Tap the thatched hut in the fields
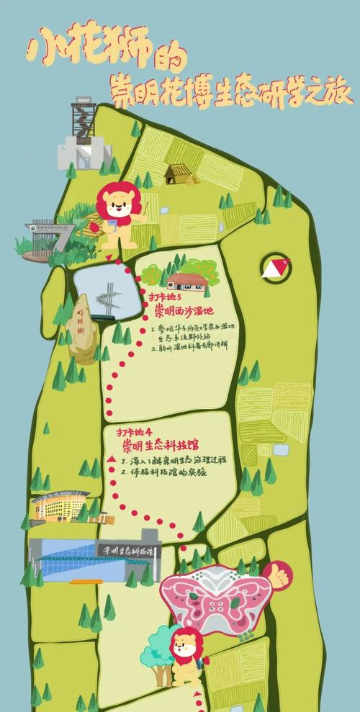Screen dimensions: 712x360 (176, 173)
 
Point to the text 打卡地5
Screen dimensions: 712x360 (165, 297)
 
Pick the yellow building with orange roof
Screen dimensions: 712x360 (60, 507)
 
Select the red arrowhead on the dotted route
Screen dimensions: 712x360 (112, 459)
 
